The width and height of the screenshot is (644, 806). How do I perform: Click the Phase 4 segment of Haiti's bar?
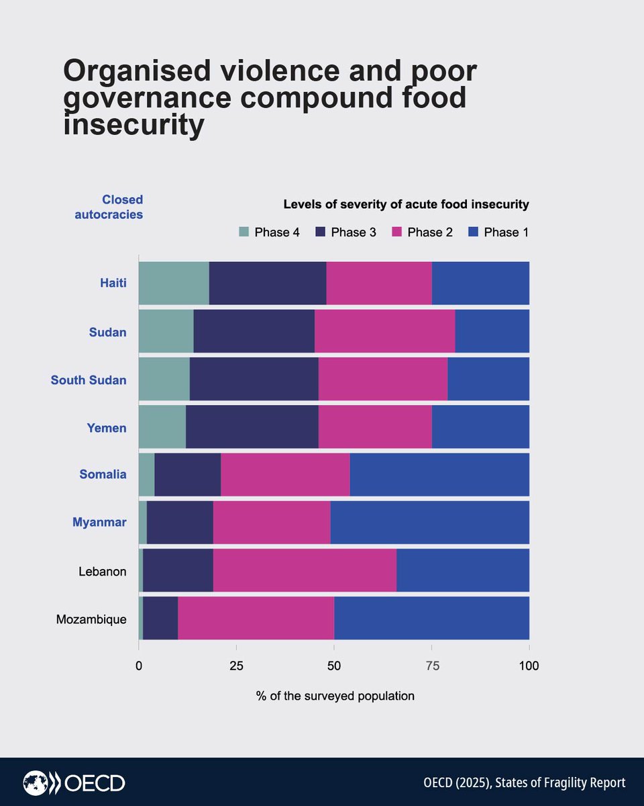pyautogui.click(x=174, y=283)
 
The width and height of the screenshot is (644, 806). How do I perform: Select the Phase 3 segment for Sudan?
pyautogui.click(x=254, y=330)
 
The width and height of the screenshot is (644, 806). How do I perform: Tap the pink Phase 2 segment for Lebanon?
pyautogui.click(x=305, y=570)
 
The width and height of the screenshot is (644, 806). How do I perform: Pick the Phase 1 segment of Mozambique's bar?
pyautogui.click(x=431, y=618)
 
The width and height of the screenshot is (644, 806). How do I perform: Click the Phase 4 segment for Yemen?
pyautogui.click(x=162, y=427)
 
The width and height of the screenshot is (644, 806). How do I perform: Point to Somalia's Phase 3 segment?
pyautogui.click(x=187, y=474)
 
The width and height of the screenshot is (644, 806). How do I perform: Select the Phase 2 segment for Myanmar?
pyautogui.click(x=272, y=522)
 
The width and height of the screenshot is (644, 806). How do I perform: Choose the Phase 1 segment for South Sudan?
pyautogui.click(x=488, y=379)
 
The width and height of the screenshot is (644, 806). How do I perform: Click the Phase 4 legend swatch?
pyautogui.click(x=244, y=232)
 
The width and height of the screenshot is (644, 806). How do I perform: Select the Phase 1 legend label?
pyautogui.click(x=506, y=232)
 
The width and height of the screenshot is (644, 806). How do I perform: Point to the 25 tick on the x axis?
pyautogui.click(x=236, y=666)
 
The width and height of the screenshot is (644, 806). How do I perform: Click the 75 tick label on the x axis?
pyautogui.click(x=431, y=666)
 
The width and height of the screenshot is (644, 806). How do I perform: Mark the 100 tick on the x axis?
pyautogui.click(x=529, y=666)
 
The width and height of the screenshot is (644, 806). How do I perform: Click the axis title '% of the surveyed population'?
pyautogui.click(x=335, y=696)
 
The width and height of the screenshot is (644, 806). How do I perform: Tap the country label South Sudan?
pyautogui.click(x=89, y=380)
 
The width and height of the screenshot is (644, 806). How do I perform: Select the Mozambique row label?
pyautogui.click(x=91, y=619)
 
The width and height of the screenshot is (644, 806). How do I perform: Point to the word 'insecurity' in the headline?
pyautogui.click(x=133, y=126)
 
